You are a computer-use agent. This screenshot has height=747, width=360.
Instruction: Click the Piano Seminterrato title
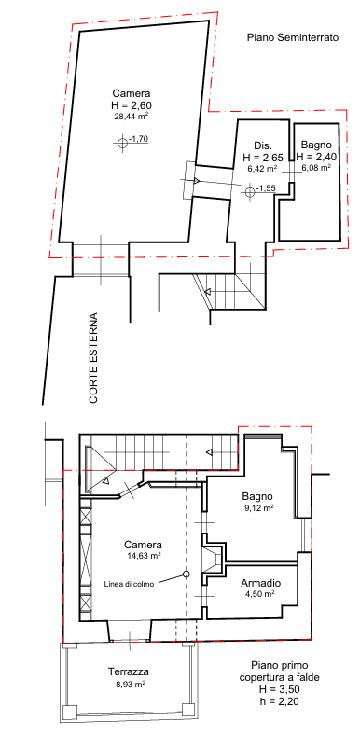point(292,37)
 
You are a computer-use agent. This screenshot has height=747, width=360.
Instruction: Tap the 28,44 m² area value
point(131,117)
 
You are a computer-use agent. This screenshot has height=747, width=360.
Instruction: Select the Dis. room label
point(263,145)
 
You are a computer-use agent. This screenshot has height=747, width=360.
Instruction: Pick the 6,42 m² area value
point(262,168)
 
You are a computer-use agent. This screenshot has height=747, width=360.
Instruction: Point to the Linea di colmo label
point(129,584)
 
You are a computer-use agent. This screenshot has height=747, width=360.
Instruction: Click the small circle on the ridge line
point(187,574)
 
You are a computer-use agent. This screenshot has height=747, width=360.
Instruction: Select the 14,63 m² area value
point(144,555)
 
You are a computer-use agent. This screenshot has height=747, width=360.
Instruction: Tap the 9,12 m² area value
point(258,507)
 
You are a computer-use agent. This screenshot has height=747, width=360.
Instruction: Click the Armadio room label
point(260,583)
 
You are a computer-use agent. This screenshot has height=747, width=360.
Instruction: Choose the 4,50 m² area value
point(260,594)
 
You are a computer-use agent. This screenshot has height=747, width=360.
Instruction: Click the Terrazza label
point(129,672)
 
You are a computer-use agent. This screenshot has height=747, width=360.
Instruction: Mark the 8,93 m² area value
point(129,684)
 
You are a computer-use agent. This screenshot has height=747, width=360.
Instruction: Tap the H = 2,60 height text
point(131,104)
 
